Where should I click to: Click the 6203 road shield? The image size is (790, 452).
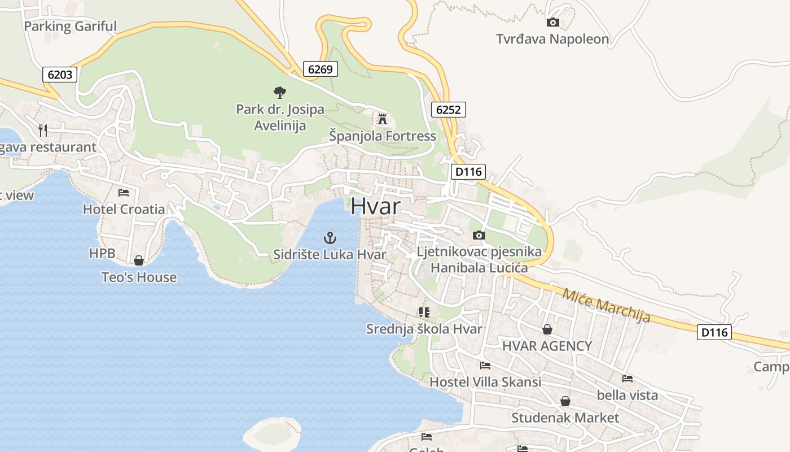click(59, 75)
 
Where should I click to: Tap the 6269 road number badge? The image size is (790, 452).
click(320, 69)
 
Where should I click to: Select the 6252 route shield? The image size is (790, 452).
click(448, 110)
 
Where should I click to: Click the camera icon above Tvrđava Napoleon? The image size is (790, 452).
click(553, 23)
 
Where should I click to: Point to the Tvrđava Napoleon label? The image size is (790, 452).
click(552, 39)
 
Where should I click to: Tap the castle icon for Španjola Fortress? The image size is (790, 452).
click(383, 119)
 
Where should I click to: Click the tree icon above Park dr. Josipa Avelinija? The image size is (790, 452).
click(279, 92)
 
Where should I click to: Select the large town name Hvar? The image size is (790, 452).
click(375, 206)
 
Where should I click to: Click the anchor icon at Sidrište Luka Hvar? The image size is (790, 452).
click(330, 238)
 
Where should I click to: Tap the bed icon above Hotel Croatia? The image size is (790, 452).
click(124, 193)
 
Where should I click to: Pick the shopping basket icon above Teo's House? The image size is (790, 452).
click(138, 260)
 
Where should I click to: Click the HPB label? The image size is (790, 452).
click(102, 254)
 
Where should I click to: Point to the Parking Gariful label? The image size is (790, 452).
click(70, 26)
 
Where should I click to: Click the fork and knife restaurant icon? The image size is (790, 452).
click(43, 131)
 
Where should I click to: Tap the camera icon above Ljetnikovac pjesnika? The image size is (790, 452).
click(479, 235)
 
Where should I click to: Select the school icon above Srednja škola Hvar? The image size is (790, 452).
click(424, 312)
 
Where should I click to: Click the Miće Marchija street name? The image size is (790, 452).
click(606, 306)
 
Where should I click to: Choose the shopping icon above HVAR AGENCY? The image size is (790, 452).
click(547, 329)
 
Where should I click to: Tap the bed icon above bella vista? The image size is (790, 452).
click(627, 379)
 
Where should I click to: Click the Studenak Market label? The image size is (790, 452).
click(565, 418)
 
